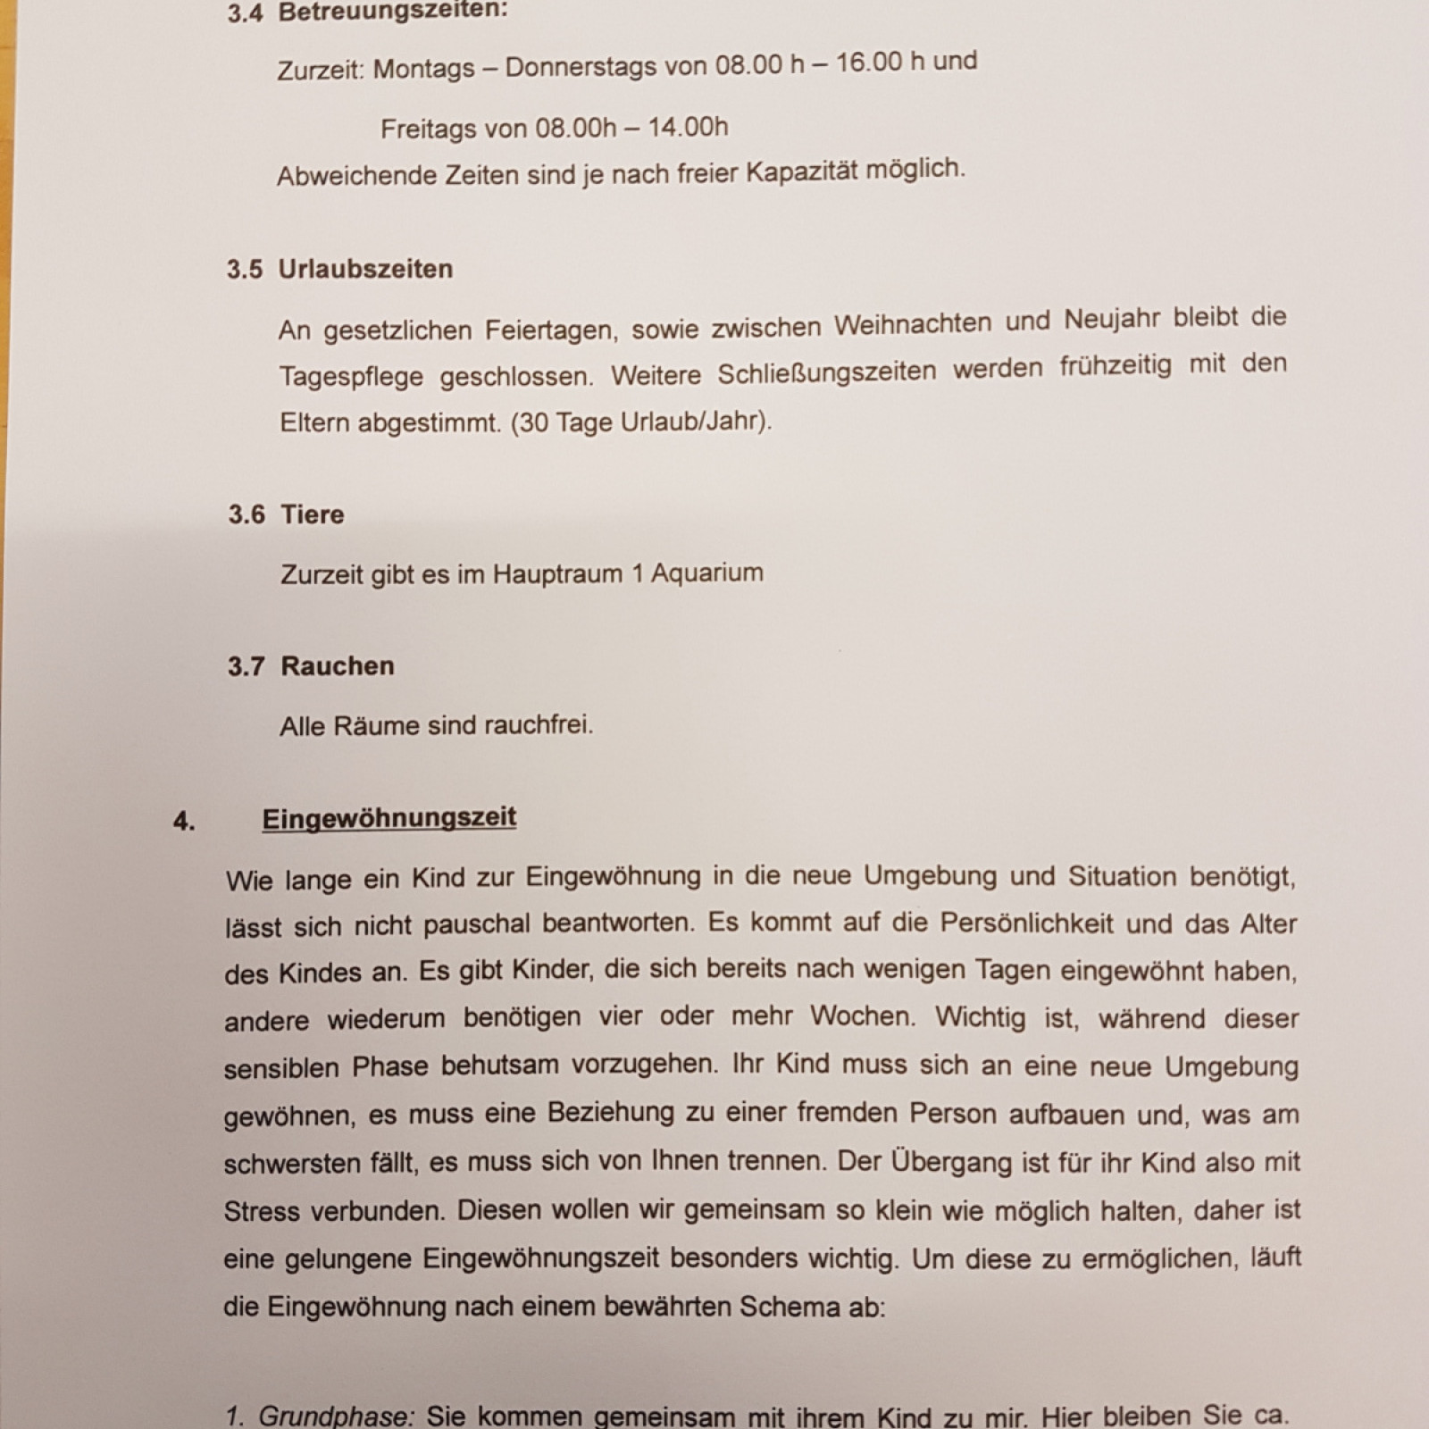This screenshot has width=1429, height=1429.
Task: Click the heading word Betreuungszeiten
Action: [392, 13]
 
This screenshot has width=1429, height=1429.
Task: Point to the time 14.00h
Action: [688, 127]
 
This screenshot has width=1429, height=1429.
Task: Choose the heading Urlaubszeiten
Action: [365, 269]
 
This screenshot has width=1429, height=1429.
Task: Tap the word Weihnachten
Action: [912, 323]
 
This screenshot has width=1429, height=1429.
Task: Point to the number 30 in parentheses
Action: [533, 422]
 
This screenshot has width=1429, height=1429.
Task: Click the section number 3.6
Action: [247, 514]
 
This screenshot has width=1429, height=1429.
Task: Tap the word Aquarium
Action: [706, 572]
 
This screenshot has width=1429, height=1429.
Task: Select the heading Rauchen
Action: [337, 666]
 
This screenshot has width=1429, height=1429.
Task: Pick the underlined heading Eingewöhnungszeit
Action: [389, 818]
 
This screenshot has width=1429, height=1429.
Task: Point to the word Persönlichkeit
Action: [1025, 923]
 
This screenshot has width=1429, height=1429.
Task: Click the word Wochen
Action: [861, 1017]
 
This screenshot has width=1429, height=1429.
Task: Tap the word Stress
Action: [262, 1212]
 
